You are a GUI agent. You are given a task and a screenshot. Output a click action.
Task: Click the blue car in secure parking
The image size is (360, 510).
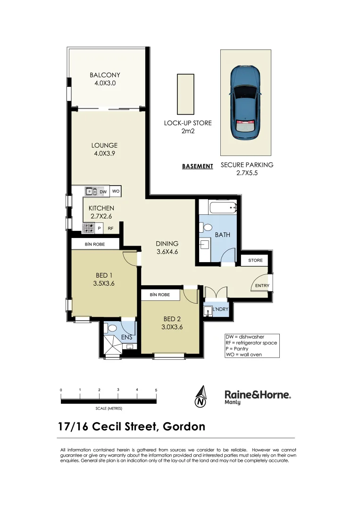tap(245, 102)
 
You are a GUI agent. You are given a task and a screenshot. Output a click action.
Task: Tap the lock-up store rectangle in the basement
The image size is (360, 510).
tap(185, 94)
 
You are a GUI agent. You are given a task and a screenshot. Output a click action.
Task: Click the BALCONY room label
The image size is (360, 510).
tap(105, 75)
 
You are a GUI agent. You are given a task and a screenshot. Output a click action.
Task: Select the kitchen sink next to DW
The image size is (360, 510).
tap(91, 191)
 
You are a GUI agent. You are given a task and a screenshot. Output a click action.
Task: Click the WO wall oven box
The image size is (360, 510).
tap(116, 191)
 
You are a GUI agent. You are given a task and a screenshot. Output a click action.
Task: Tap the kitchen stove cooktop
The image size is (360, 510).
tap(88, 228)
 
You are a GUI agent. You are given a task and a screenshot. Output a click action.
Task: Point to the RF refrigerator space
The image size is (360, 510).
tap(111, 229)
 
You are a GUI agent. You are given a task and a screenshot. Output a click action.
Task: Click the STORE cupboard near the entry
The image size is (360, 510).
tap(255, 260)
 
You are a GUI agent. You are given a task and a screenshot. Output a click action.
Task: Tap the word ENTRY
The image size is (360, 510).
tap(262, 286)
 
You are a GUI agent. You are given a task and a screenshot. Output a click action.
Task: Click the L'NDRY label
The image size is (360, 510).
tap(220, 309)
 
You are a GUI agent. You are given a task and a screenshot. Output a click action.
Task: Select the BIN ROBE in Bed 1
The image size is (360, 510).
tap(95, 244)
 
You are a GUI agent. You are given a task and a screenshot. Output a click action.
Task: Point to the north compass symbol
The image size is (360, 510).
tap(201, 397)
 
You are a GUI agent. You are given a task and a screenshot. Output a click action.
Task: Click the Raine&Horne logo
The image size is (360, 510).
tap(257, 396)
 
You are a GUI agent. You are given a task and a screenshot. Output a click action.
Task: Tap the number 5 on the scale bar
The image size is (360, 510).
tap(156, 390)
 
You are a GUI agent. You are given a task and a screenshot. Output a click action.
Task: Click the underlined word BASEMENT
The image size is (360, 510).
tap(197, 166)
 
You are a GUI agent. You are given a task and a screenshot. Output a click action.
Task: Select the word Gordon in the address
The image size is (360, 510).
tap(184, 426)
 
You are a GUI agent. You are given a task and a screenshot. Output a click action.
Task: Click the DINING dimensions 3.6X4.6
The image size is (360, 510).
tap(167, 252)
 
